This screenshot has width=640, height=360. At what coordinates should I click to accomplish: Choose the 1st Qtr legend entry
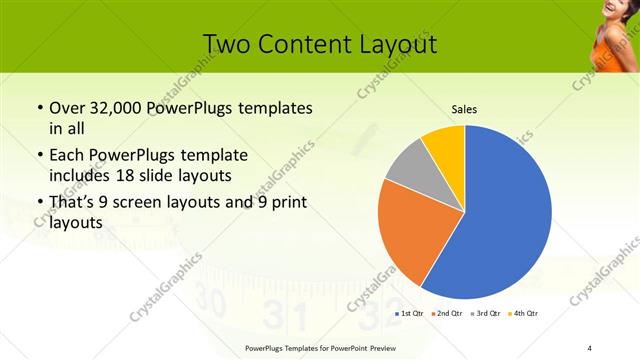pos(410,314)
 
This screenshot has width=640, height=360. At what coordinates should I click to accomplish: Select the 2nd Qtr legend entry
pos(447,314)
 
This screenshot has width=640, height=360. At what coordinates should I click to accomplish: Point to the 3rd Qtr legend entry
pos(485,314)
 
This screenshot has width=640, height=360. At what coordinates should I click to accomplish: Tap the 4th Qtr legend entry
pos(523,314)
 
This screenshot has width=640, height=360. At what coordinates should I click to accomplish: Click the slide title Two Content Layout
pos(319,44)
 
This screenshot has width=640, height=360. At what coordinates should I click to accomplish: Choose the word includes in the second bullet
pos(80,176)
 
